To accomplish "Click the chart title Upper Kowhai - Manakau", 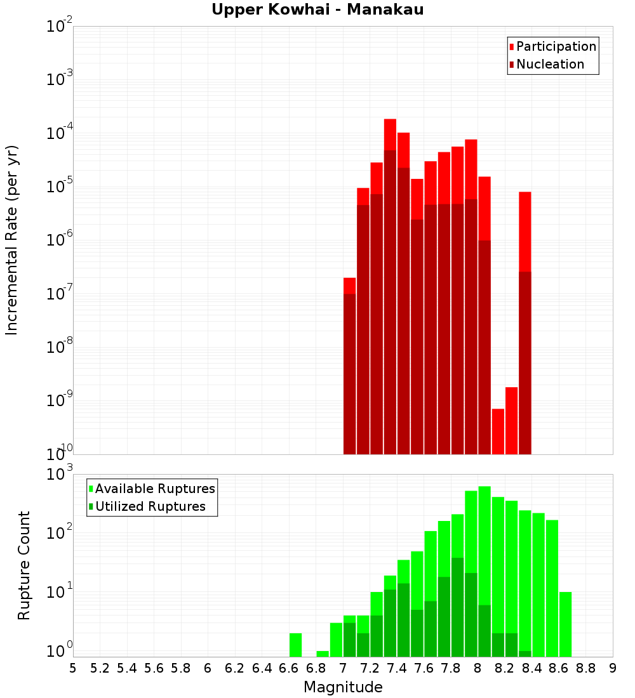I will pyautogui.click(x=317, y=10).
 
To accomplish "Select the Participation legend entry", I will pyautogui.click(x=556, y=46).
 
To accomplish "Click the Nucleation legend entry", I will pyautogui.click(x=549, y=64).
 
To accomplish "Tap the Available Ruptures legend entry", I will pyautogui.click(x=154, y=489).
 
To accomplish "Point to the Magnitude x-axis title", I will pyautogui.click(x=343, y=687).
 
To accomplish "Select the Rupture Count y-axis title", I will pyautogui.click(x=24, y=565).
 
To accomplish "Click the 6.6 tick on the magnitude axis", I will pyautogui.click(x=289, y=668).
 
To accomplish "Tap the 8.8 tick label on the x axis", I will pyautogui.click(x=586, y=668).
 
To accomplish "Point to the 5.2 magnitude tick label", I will pyautogui.click(x=100, y=668).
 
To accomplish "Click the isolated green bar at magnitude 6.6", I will pyautogui.click(x=295, y=645).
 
